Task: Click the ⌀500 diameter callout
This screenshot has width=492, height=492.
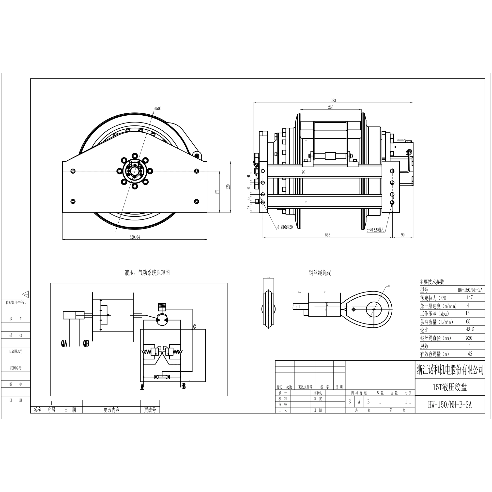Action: [158, 108]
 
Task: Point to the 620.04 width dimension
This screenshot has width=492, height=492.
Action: [135, 237]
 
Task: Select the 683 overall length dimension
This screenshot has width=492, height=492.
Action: [333, 100]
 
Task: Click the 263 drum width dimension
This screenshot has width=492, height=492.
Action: [331, 107]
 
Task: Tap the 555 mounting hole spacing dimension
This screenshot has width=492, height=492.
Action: [327, 235]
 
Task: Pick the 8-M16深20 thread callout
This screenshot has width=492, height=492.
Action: [285, 227]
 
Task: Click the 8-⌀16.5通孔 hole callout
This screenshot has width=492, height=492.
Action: [375, 230]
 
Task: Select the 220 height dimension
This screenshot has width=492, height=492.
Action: [228, 187]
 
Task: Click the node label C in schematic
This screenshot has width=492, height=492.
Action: [194, 326]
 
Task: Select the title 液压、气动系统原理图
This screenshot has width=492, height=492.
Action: [147, 273]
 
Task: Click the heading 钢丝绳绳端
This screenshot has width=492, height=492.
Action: [320, 273]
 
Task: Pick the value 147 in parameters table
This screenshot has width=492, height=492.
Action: [470, 297]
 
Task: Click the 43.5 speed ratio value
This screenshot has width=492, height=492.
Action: [470, 330]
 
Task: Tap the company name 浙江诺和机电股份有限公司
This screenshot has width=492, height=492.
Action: [450, 370]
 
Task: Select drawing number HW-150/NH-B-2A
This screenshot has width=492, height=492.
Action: [450, 405]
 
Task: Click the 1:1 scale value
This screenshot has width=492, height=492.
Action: [408, 402]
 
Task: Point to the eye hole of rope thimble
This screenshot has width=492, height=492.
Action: [374, 309]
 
